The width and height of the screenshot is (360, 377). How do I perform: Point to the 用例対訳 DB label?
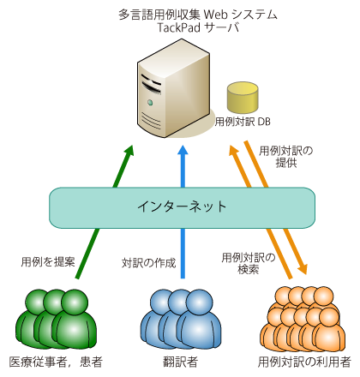[x=242, y=123]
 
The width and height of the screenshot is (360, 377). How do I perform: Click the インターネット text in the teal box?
[x=183, y=206]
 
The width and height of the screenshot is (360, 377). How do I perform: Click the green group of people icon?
[x=54, y=318]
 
